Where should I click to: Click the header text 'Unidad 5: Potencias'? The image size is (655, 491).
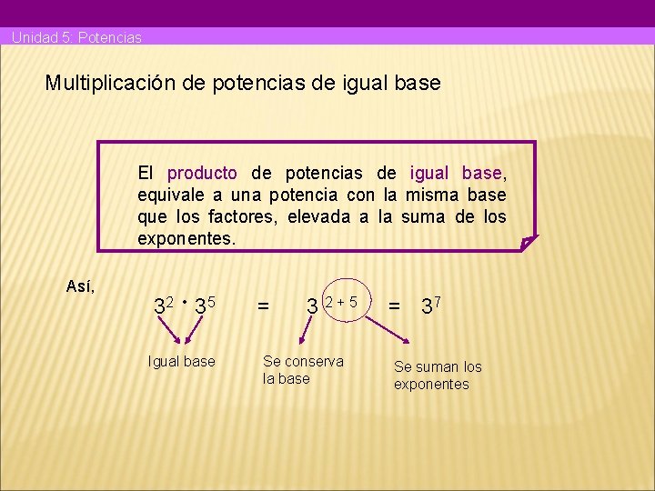76,38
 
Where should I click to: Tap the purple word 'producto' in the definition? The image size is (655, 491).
202,173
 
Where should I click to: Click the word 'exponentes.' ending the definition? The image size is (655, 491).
186,239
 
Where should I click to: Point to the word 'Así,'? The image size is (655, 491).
81,286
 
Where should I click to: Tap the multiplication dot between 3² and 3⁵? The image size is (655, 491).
184,301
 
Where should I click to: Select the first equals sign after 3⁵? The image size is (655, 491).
263,308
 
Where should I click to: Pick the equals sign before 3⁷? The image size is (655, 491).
395,307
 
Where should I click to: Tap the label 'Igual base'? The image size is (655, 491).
182,362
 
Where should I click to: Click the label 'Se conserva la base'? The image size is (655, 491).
303,370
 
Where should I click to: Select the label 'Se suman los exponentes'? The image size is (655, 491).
438,376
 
